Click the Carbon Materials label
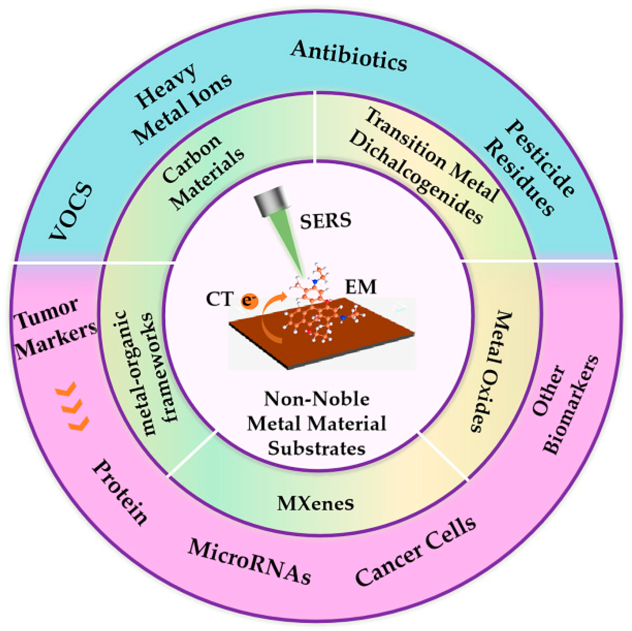[202, 172]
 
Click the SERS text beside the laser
[325, 221]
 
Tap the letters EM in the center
[361, 287]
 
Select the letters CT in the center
[219, 299]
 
